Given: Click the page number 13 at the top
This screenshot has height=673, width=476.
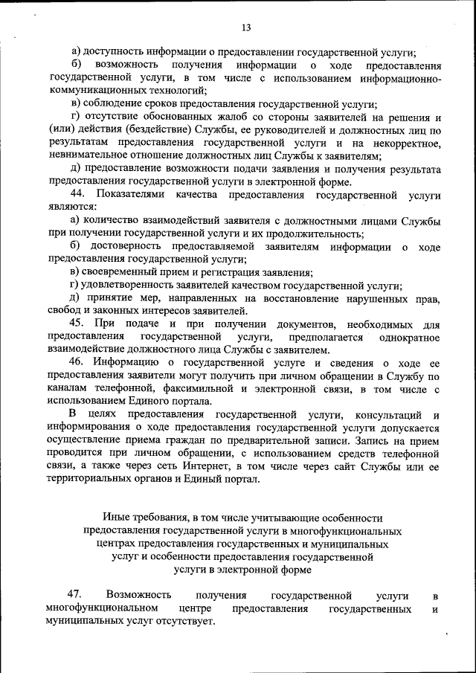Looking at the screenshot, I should [246, 28].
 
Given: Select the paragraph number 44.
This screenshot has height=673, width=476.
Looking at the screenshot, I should [79, 195].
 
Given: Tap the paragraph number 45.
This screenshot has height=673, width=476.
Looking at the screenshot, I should [78, 323].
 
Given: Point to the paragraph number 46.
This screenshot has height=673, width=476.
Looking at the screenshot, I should [78, 363].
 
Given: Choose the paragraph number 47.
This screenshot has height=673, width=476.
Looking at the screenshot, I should [74, 596].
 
